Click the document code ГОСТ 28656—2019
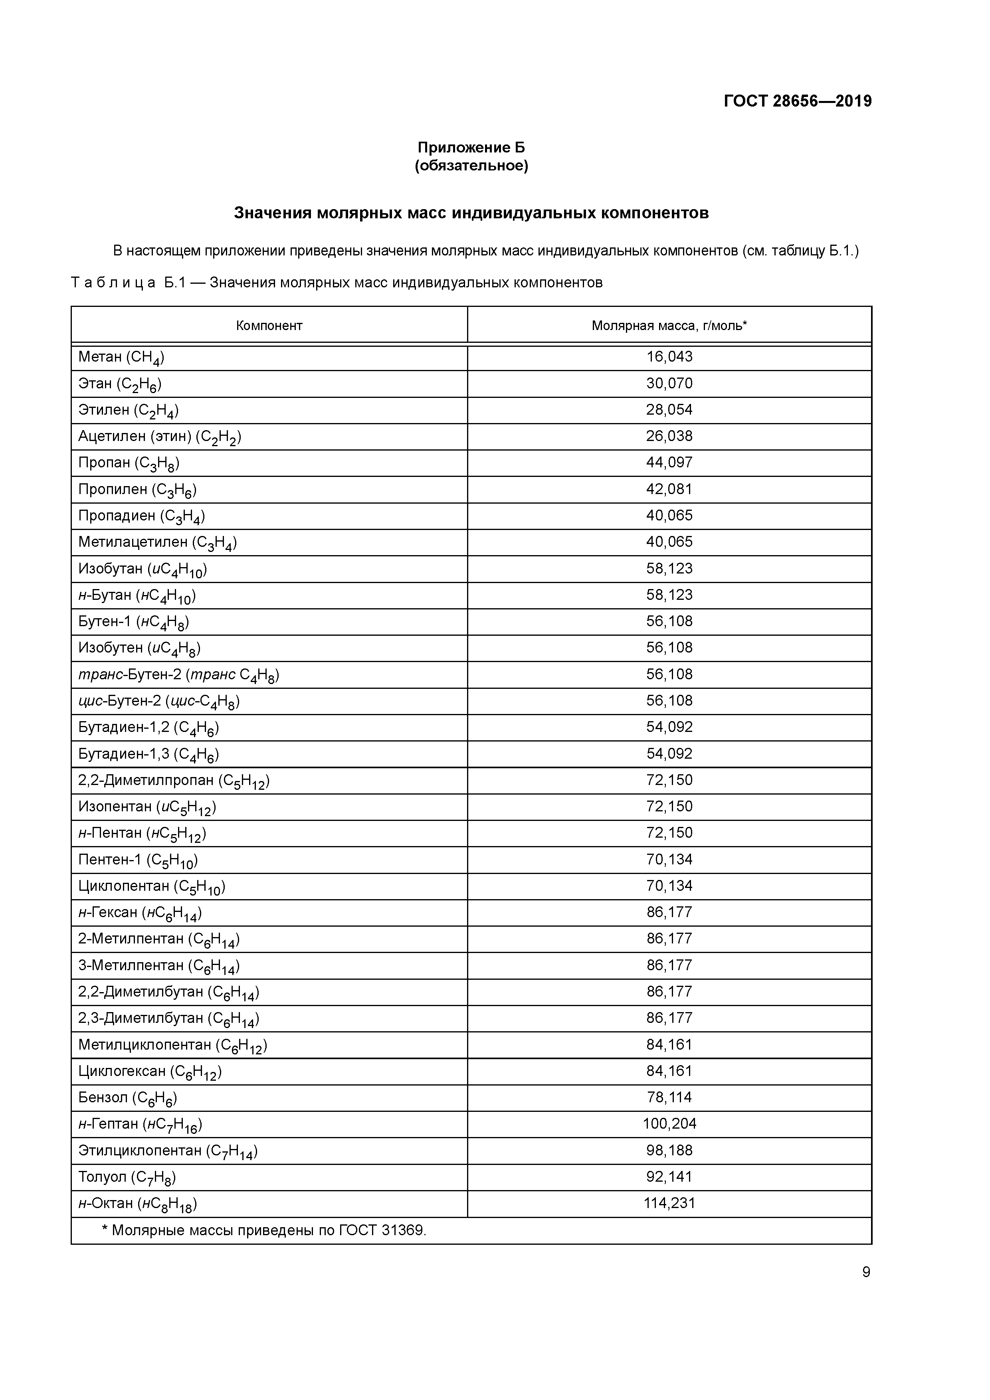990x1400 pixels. (x=797, y=101)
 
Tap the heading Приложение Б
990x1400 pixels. (x=471, y=148)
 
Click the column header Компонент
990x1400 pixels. (x=269, y=326)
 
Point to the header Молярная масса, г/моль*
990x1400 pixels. (x=669, y=326)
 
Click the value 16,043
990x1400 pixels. (x=669, y=357)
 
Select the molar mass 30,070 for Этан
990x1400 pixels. (x=669, y=384)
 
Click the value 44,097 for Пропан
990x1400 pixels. (x=669, y=463)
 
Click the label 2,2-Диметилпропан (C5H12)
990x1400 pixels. (x=174, y=781)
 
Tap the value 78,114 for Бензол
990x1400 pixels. (x=669, y=1097)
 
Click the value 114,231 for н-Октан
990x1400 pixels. (x=669, y=1203)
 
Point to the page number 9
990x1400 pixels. (x=865, y=1272)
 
